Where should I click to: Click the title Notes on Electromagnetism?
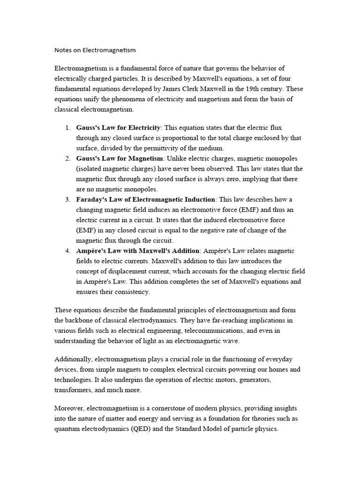95,49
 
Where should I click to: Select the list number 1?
68,127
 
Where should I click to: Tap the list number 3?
68,199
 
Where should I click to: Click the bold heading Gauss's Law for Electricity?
119,127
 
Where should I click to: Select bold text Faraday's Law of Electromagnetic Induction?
146,199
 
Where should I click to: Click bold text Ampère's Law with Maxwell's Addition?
138,251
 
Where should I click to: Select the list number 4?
68,251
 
